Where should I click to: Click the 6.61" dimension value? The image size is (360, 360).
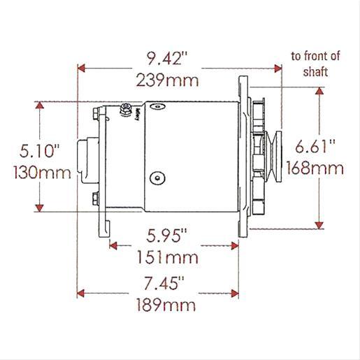[315, 146]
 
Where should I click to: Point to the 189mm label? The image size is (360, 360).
[166, 305]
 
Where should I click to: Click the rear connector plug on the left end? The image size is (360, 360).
[85, 158]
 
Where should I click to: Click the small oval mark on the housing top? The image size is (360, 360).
[159, 107]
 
